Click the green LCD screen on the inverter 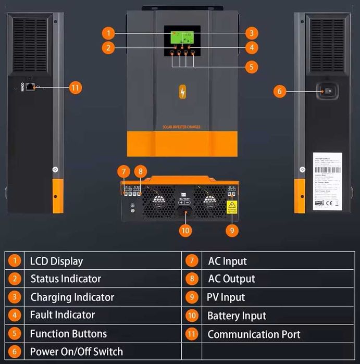(182, 36)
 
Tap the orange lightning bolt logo (182, 92)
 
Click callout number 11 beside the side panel (76, 87)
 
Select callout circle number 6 (279, 91)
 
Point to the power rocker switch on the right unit (327, 91)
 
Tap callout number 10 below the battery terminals (185, 230)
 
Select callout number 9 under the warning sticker (232, 229)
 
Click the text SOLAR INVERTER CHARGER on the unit (181, 127)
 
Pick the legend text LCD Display (56, 261)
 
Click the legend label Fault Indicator (62, 315)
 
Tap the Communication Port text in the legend (254, 334)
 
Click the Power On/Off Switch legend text (76, 352)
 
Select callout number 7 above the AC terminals (123, 171)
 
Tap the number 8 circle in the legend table (192, 279)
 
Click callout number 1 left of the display (108, 33)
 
